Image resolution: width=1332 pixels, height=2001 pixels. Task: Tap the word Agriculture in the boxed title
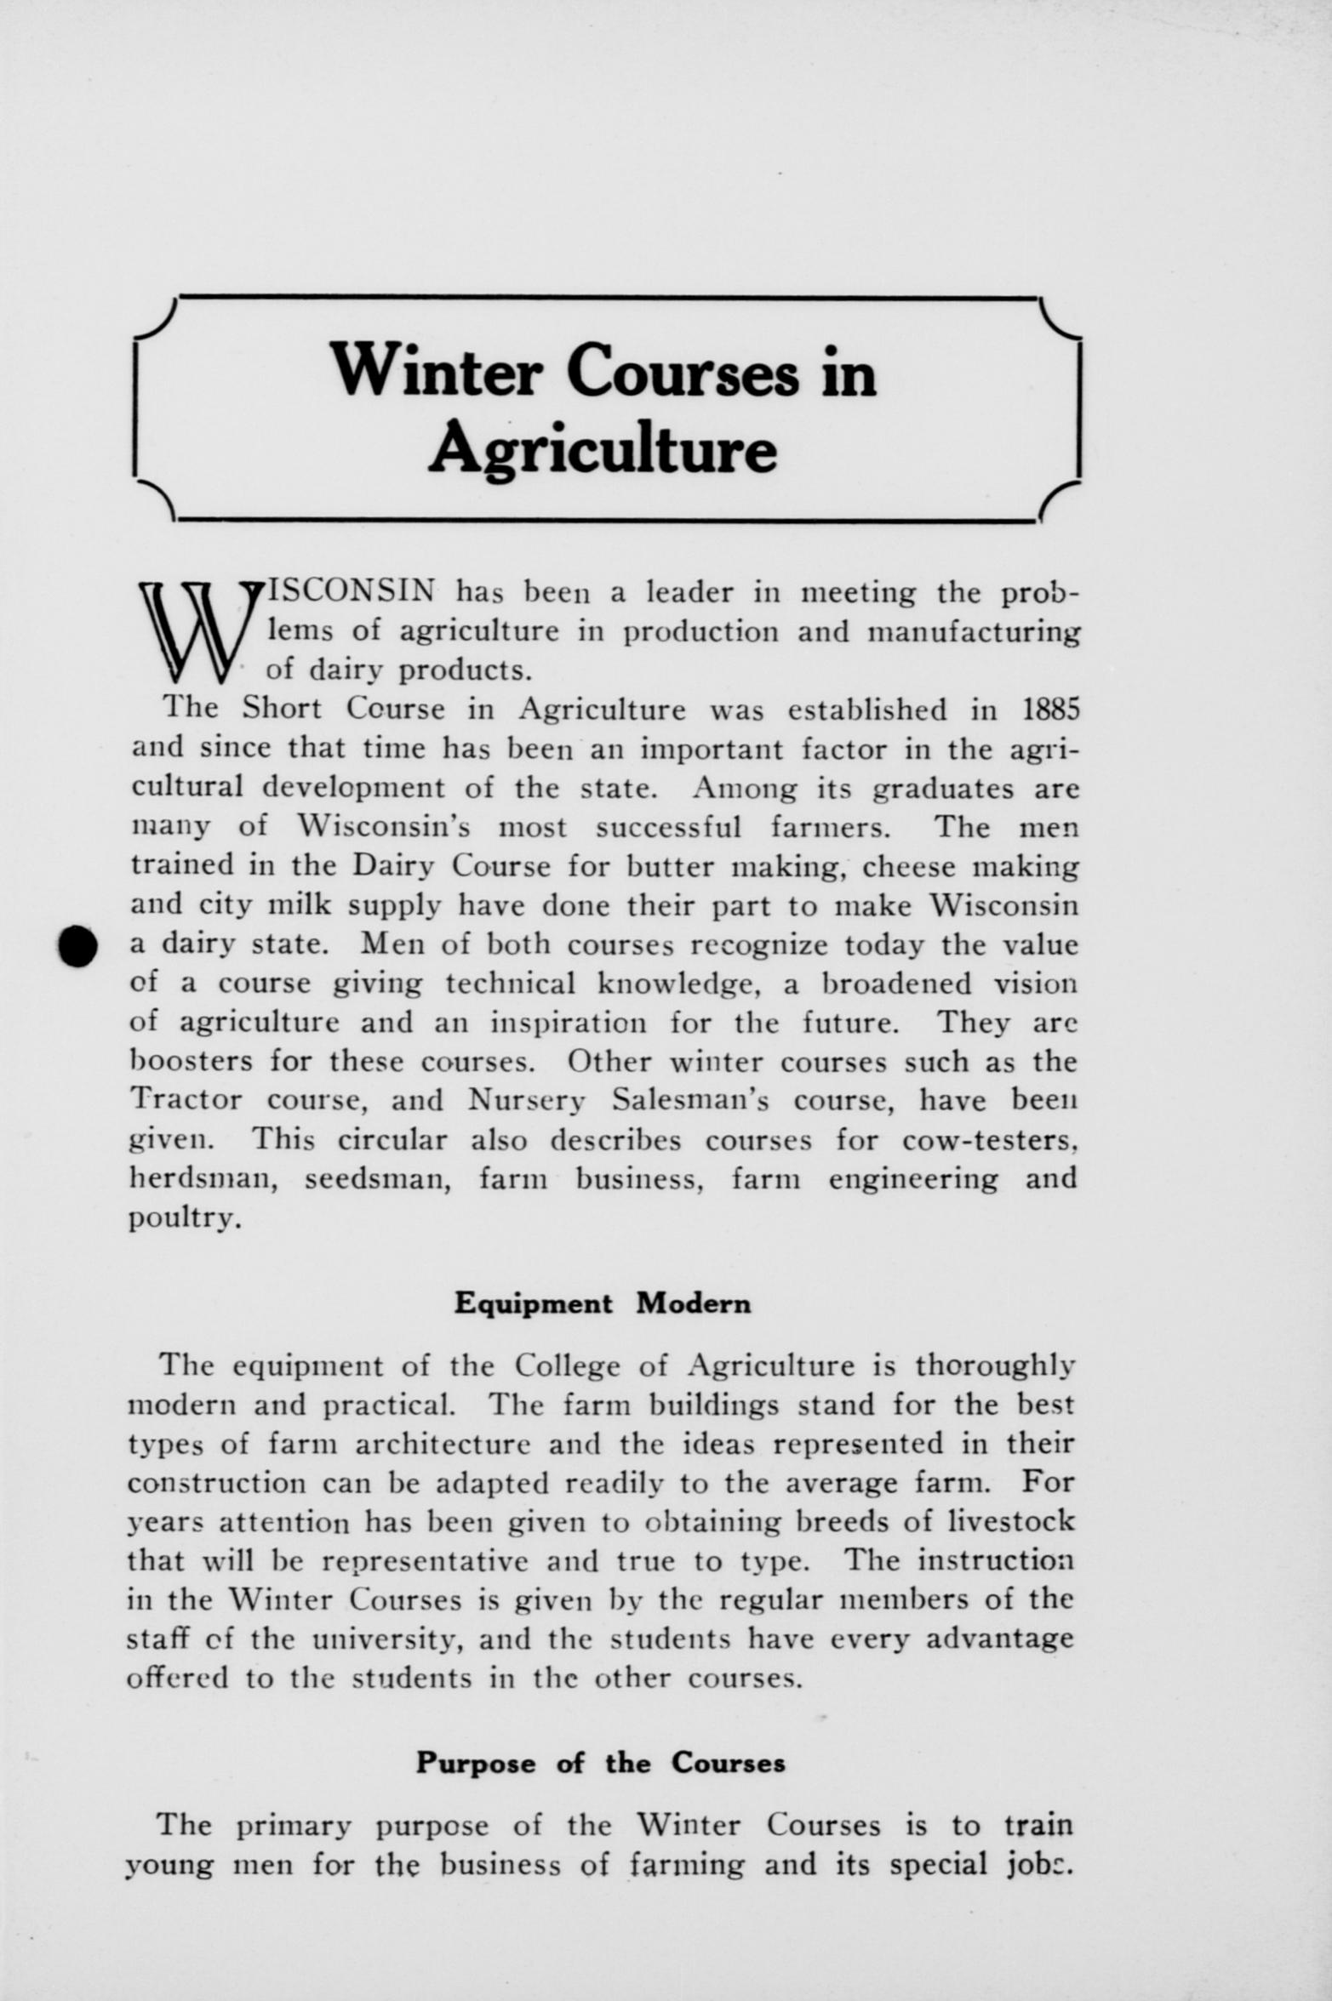click(x=603, y=448)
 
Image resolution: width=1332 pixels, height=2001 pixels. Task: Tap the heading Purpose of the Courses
click(x=600, y=1762)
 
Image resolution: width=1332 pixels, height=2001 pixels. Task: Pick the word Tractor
click(x=186, y=1100)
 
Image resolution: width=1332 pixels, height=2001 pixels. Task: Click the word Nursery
click(x=526, y=1100)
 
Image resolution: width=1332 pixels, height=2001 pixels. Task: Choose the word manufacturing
click(x=973, y=632)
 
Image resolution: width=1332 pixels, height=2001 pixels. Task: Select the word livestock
click(x=1010, y=1520)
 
